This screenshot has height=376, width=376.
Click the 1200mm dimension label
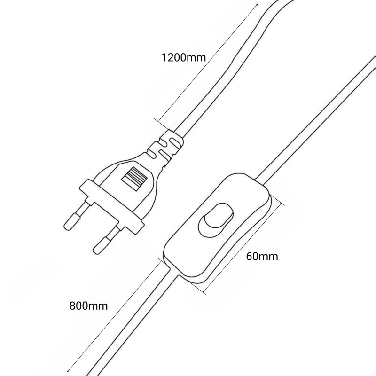tap(184, 57)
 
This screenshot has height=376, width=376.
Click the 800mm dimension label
tap(89, 306)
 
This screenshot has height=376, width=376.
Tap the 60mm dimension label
tap(262, 256)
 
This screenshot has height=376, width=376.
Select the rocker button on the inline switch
tap(216, 220)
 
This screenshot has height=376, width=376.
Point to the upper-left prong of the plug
tap(75, 216)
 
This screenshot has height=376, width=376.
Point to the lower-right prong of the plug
tap(104, 241)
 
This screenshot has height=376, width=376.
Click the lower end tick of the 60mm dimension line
tap(204, 291)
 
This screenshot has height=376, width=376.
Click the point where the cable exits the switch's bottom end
tap(174, 272)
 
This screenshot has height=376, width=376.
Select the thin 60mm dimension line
tap(243, 248)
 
